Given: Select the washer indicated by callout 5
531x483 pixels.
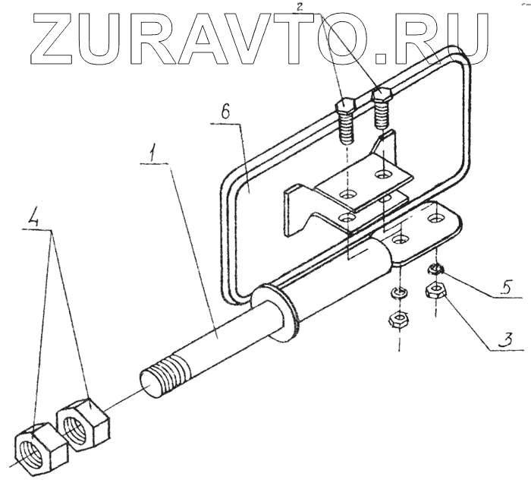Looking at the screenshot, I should click(x=435, y=268).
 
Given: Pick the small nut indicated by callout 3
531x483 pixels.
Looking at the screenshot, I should click(x=436, y=289).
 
